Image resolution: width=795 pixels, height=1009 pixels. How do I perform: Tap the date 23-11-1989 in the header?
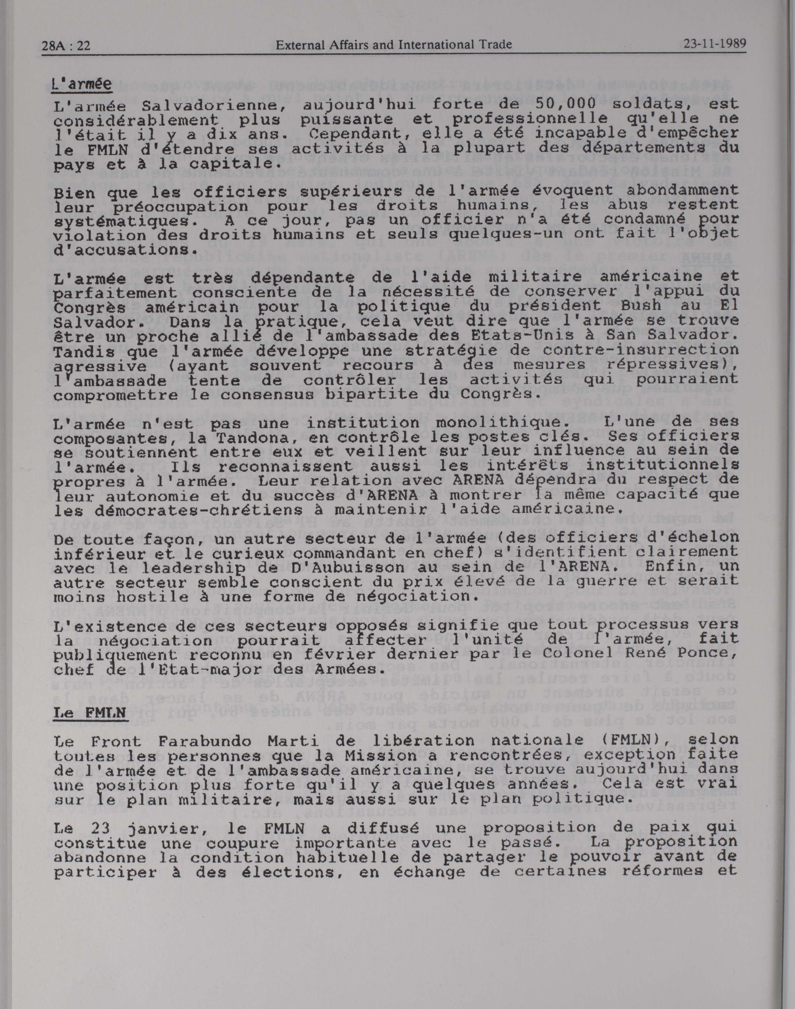tap(714, 44)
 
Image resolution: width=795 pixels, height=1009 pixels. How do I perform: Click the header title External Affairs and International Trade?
tap(393, 45)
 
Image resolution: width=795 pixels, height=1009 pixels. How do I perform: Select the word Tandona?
tap(252, 438)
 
